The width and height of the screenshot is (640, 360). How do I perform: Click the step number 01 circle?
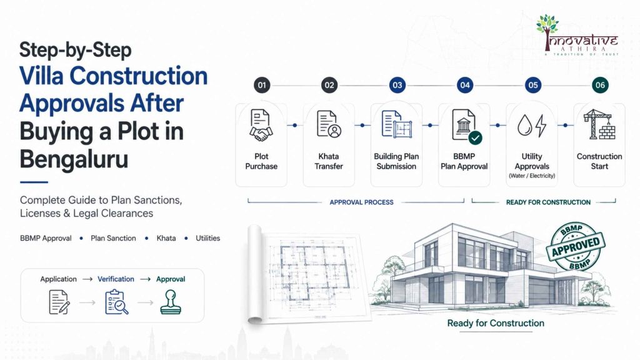click(x=262, y=85)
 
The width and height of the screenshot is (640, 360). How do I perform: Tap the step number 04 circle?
click(x=465, y=85)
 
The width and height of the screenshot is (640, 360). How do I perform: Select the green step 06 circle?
click(x=600, y=85)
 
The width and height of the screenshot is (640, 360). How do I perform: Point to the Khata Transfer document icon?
click(x=329, y=125)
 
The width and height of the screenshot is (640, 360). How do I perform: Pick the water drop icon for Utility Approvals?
click(x=525, y=125)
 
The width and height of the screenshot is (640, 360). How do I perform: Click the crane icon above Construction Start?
click(x=599, y=124)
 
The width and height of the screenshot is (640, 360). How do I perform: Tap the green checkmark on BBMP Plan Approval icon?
click(x=475, y=137)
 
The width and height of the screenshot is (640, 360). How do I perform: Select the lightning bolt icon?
click(x=541, y=125)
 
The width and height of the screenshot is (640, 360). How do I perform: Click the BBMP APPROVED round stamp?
click(x=576, y=246)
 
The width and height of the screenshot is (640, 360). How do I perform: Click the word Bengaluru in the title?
click(x=74, y=159)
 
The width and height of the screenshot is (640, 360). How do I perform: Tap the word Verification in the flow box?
click(x=116, y=279)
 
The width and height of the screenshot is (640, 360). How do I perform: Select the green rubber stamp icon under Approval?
click(x=171, y=302)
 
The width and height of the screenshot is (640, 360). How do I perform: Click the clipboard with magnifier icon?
click(x=116, y=302)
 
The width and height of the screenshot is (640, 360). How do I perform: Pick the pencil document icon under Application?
click(x=59, y=302)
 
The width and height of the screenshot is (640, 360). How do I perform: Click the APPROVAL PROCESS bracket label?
click(x=362, y=202)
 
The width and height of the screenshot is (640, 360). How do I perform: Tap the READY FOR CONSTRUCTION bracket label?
click(x=548, y=202)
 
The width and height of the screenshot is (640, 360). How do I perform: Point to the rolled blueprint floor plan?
click(x=308, y=274)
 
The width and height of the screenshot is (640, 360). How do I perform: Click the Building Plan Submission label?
click(x=396, y=161)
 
